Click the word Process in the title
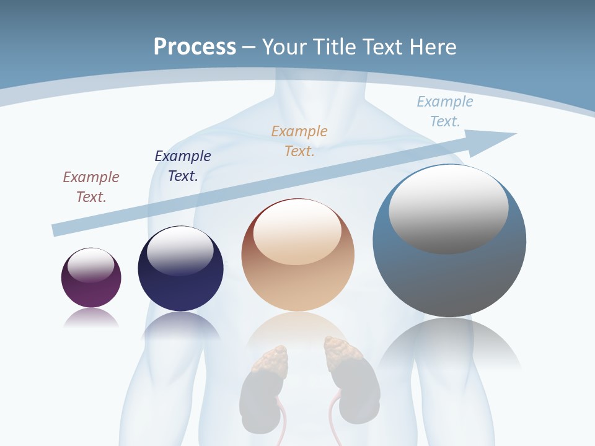pyautogui.click(x=195, y=47)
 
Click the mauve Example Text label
pyautogui.click(x=91, y=186)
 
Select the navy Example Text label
pyautogui.click(x=183, y=165)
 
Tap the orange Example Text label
pyautogui.click(x=299, y=141)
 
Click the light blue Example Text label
pyautogui.click(x=445, y=111)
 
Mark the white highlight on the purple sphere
pyautogui.click(x=91, y=265)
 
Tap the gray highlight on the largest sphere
pyautogui.click(x=448, y=209)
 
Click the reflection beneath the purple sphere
pyautogui.click(x=91, y=318)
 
